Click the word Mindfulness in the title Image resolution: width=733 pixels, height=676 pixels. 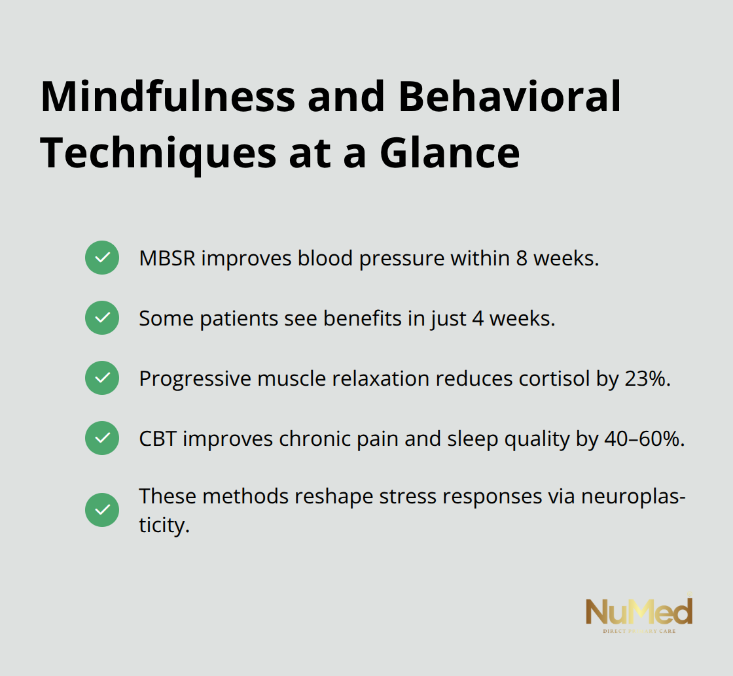pyautogui.click(x=168, y=97)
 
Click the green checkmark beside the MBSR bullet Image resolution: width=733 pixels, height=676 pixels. pyautogui.click(x=102, y=258)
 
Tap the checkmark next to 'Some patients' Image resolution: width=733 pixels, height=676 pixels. pyautogui.click(x=102, y=318)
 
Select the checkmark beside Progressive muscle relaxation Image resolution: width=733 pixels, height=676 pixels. pyautogui.click(x=102, y=378)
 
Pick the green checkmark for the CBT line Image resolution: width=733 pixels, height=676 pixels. pyautogui.click(x=102, y=438)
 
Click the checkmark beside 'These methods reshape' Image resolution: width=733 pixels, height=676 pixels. pyautogui.click(x=102, y=510)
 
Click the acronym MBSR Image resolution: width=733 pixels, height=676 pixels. pyautogui.click(x=167, y=258)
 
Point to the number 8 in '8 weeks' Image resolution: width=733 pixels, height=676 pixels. pyautogui.click(x=521, y=258)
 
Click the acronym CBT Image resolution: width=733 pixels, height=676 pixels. pyautogui.click(x=158, y=439)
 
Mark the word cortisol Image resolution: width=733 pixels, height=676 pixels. pyautogui.click(x=548, y=379)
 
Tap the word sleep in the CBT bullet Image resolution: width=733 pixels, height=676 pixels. pyautogui.click(x=472, y=439)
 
